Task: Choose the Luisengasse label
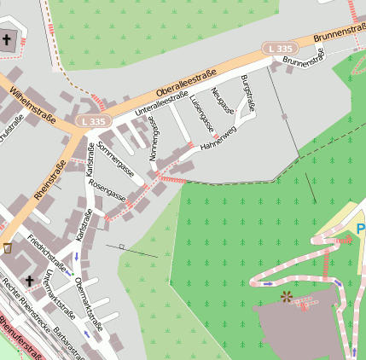[199, 112]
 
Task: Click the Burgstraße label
[248, 93]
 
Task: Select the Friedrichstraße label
[47, 247]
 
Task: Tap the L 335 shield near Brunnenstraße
[279, 48]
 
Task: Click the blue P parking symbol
[361, 229]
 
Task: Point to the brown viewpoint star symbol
[286, 297]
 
